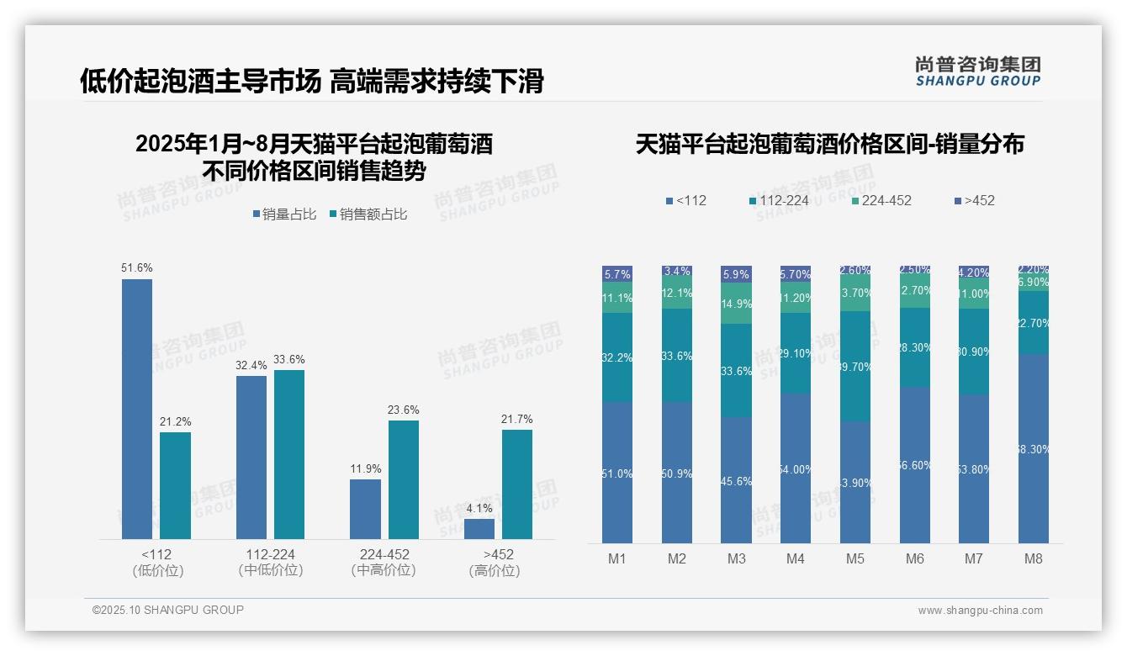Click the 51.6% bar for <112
click(137, 409)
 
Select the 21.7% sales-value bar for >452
click(517, 484)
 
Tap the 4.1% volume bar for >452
click(479, 529)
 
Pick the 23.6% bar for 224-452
click(404, 479)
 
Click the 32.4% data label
click(251, 366)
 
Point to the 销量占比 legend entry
click(284, 214)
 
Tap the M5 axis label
click(855, 558)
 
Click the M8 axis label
click(1034, 558)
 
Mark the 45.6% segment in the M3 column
click(736, 480)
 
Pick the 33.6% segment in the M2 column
click(677, 356)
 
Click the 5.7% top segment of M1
click(617, 274)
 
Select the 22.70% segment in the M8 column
click(1034, 322)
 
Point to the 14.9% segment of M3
click(736, 304)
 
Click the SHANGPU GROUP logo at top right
click(977, 71)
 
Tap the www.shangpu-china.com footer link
click(980, 611)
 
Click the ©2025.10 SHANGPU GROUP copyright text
click(168, 610)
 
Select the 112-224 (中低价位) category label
click(270, 562)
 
